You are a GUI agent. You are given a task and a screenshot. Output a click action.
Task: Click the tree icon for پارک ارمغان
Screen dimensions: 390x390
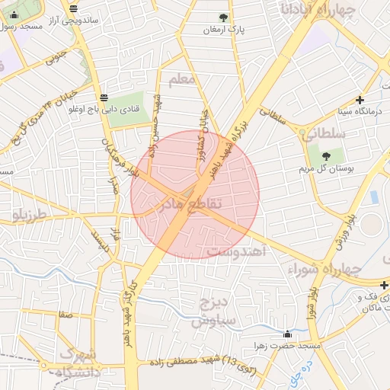223,18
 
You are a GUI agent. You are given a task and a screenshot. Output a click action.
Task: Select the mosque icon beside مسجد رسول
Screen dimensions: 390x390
14,14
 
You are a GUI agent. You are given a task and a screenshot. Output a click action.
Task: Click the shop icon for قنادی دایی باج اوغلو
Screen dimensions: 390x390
104,97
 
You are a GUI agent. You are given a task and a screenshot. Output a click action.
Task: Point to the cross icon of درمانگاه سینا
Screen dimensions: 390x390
360,100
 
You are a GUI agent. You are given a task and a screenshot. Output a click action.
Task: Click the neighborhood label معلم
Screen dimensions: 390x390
183,78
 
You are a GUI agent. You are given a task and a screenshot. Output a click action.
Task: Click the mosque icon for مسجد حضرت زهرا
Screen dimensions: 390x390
287,334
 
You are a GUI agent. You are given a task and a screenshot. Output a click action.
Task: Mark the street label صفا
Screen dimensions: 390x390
66,313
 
